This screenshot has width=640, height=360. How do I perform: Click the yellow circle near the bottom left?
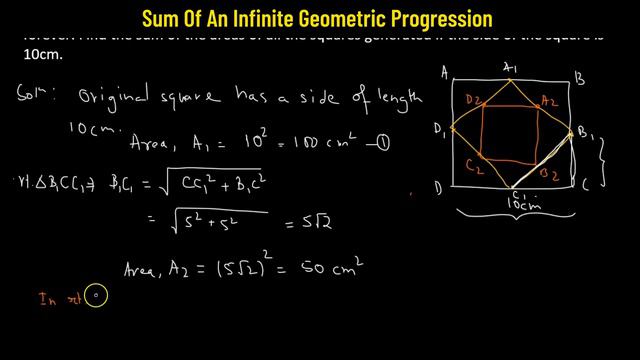coord(97,295)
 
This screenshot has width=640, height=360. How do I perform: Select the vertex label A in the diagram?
coord(442,71)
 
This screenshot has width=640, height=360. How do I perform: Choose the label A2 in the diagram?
coord(548,99)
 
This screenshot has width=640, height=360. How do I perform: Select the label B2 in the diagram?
coord(549,173)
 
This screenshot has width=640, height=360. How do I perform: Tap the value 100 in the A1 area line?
coord(287,143)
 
